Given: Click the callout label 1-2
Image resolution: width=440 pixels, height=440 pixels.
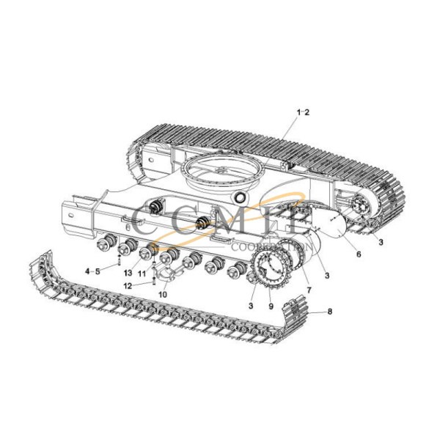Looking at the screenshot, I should pos(303,111).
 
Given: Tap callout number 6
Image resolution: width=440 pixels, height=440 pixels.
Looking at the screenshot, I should pos(359,254).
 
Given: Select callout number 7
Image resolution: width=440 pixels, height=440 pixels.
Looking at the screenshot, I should pos(308,290).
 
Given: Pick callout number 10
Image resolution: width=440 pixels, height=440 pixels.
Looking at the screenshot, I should pos(162,294).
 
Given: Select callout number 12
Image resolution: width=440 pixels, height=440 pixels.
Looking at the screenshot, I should pos(127,285).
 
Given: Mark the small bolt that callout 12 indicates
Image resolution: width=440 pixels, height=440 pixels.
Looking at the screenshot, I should pos(152,280).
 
